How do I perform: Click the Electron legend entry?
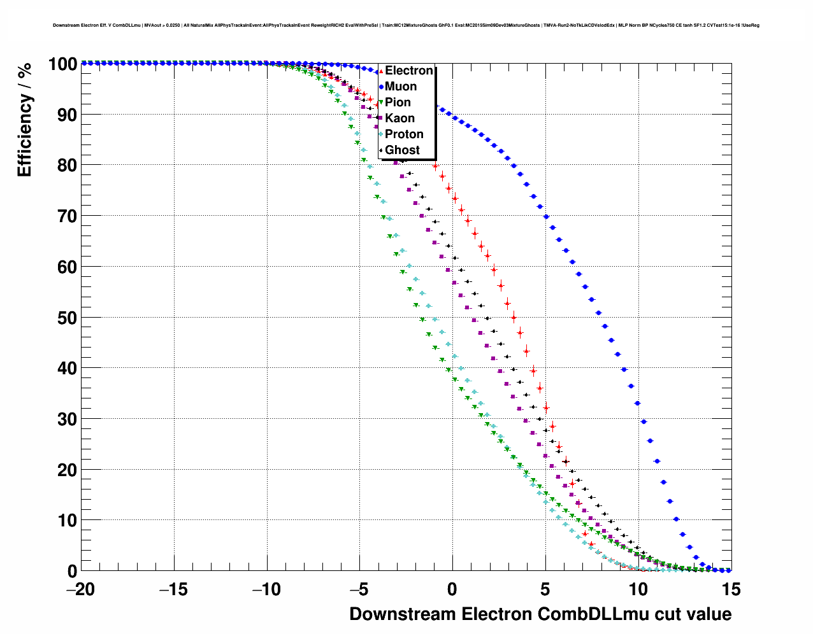(x=408, y=71)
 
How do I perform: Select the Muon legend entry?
(x=400, y=87)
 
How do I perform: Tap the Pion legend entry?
(x=398, y=102)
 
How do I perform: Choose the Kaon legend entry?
(x=399, y=118)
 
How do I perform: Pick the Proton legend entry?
(x=404, y=134)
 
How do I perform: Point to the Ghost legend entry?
(x=402, y=150)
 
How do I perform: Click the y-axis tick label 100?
(x=62, y=64)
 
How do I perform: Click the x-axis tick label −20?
(x=80, y=589)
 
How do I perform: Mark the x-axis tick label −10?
(x=266, y=589)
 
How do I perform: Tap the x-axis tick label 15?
(x=731, y=589)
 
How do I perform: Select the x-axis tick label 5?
(x=545, y=589)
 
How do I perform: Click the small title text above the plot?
(x=406, y=25)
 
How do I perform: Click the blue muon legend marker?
(x=381, y=87)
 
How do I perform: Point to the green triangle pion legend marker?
(x=381, y=102)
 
